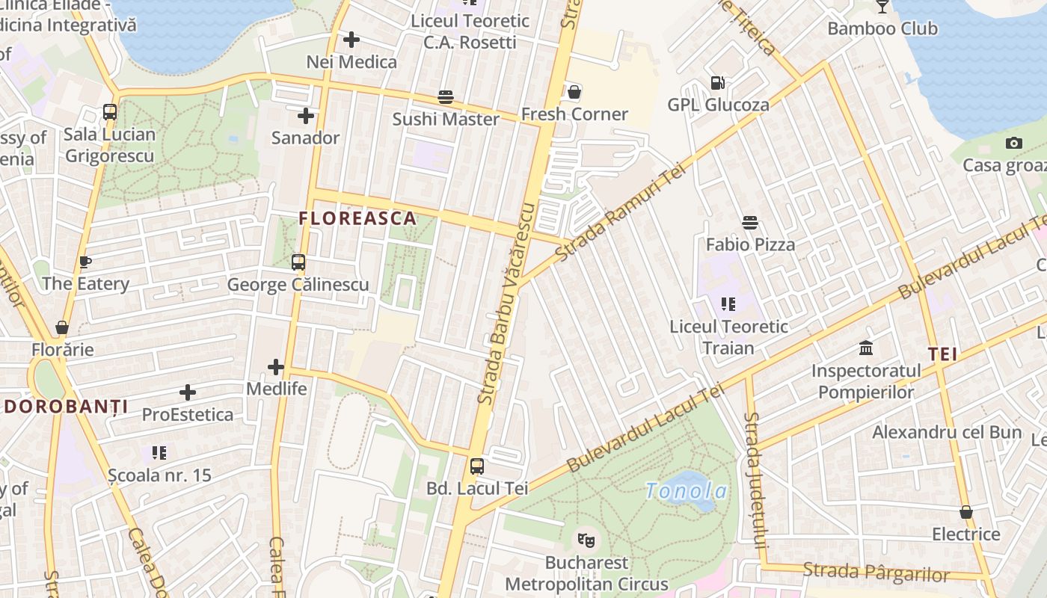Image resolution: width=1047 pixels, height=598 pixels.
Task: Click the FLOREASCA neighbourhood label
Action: tap(357, 218)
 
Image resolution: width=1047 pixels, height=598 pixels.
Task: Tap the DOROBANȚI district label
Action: tap(66, 407)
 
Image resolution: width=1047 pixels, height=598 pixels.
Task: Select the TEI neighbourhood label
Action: tap(943, 354)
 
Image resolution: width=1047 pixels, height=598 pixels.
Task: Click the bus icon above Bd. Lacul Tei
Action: tap(477, 466)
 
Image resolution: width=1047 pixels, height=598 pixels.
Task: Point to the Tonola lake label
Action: tap(686, 491)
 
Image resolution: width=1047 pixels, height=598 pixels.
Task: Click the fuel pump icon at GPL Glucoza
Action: tap(717, 83)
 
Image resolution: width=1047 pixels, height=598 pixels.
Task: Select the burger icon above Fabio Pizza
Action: tap(750, 223)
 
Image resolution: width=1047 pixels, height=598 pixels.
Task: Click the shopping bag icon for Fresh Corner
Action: tap(574, 93)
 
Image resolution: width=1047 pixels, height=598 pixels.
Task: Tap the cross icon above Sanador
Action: tap(305, 116)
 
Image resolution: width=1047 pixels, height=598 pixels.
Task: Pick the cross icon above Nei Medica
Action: tap(351, 40)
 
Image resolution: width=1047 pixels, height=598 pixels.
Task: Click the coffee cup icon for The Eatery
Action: tap(85, 262)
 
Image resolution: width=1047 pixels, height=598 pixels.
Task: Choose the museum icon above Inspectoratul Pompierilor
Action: tap(866, 348)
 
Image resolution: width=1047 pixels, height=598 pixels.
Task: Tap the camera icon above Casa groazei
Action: tap(1014, 144)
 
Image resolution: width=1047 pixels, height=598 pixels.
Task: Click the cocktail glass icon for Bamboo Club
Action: tap(882, 7)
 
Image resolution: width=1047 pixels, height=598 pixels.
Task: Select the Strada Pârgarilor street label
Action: tap(876, 572)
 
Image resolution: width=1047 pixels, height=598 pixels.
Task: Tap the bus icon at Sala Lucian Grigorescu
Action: tap(110, 112)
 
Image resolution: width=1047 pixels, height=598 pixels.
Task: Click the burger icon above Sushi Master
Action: tap(446, 97)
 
